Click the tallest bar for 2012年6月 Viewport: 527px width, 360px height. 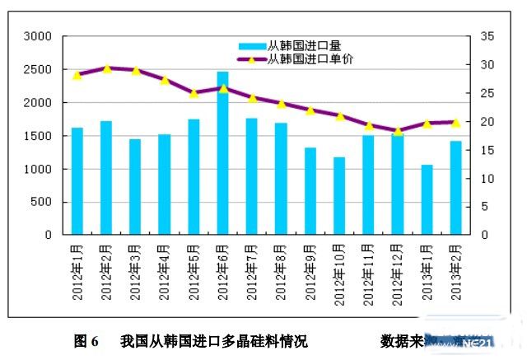222,153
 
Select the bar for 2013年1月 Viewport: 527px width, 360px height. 427,199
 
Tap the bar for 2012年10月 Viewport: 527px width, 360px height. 339,196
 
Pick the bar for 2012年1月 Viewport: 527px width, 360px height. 77,181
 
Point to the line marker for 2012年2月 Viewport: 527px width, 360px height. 106,68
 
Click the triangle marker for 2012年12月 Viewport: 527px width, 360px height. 398,130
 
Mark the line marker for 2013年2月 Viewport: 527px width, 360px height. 455,122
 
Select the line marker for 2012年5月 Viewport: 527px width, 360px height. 194,93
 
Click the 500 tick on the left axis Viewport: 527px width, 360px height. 42,202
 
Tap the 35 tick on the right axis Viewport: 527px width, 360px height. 486,36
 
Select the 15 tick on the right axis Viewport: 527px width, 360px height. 486,150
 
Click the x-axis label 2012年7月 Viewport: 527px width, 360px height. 253,268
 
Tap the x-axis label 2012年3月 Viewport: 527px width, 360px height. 136,268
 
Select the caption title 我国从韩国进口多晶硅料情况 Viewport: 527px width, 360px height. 213,340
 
